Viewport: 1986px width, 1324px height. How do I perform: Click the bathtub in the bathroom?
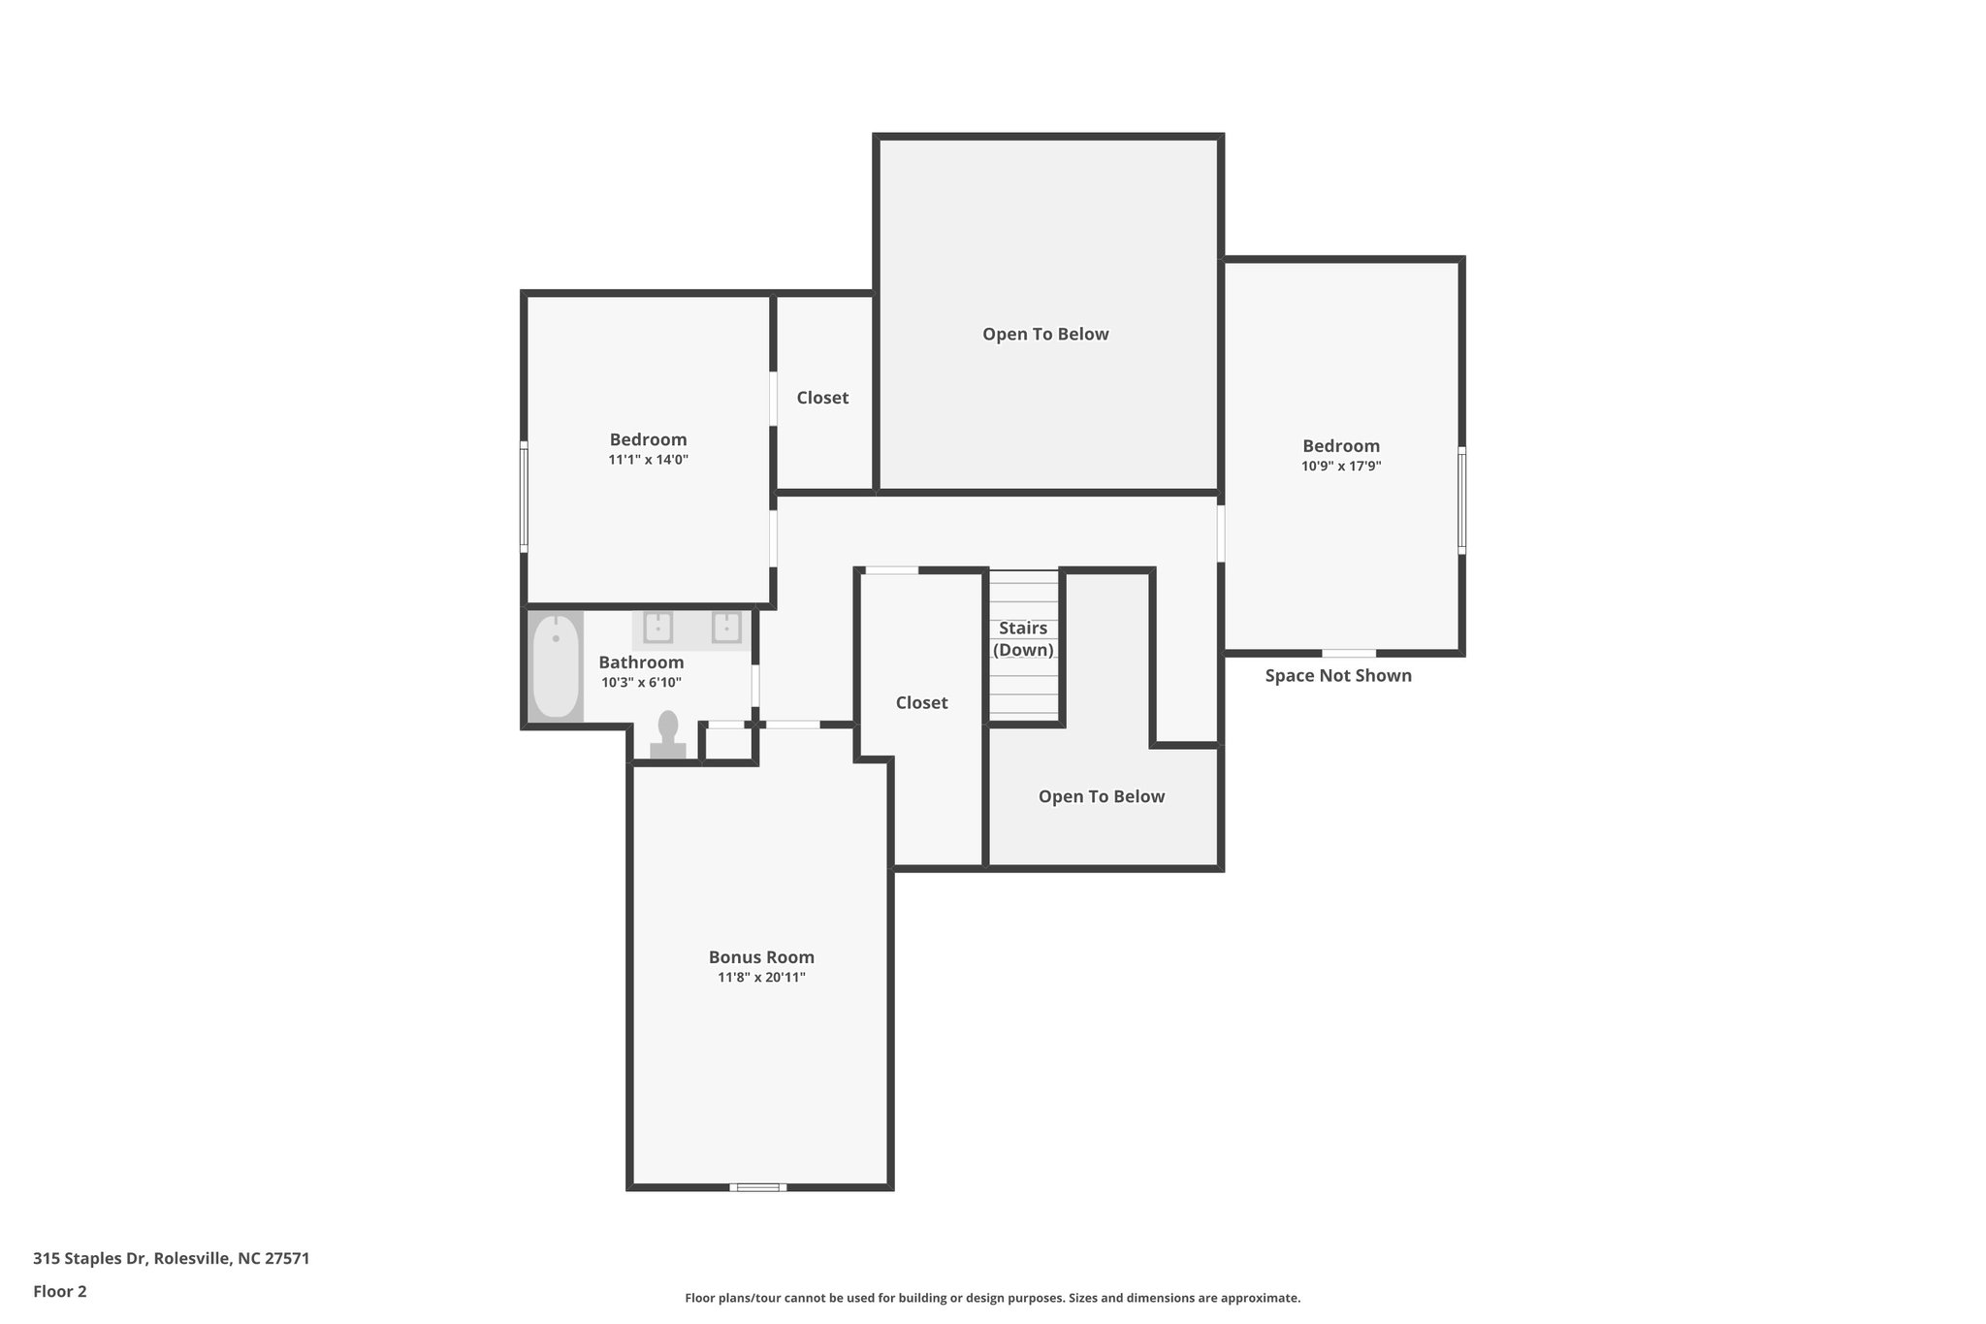[556, 666]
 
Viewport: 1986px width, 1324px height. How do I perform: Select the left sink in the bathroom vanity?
[658, 628]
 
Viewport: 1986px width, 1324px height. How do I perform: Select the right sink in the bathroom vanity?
[726, 628]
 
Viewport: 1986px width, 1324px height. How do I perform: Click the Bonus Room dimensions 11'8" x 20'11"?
[761, 978]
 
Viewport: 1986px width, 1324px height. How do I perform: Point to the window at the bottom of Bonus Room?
[758, 1187]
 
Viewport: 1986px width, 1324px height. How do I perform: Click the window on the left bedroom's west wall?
[524, 498]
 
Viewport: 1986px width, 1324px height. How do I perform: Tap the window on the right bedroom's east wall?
[1461, 500]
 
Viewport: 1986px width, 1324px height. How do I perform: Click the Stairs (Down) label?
[1023, 639]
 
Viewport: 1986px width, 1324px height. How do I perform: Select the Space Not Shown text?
[1338, 676]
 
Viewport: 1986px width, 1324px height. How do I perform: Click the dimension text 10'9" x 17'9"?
[1341, 467]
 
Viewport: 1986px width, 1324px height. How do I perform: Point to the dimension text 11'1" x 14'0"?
[648, 461]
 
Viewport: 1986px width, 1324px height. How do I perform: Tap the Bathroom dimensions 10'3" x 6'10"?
[641, 683]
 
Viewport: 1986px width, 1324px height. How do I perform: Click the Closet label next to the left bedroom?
[822, 398]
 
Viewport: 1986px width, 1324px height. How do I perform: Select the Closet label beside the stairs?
[921, 703]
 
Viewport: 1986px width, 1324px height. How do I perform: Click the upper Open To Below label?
[1045, 335]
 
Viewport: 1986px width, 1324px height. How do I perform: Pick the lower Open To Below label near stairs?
[1102, 797]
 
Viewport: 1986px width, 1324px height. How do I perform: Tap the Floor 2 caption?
[60, 1292]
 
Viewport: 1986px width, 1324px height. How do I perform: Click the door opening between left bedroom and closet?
[773, 399]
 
